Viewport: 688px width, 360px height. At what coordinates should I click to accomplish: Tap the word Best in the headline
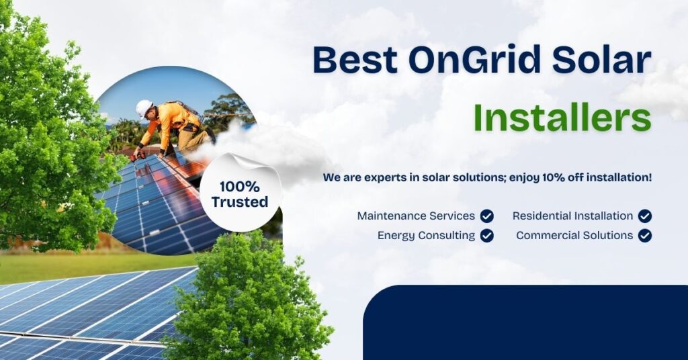point(352,60)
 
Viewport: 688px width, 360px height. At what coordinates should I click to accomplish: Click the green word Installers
point(562,118)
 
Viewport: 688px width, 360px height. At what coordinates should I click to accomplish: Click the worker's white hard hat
point(144,107)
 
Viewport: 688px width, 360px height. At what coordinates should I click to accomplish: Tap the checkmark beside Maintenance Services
point(487,216)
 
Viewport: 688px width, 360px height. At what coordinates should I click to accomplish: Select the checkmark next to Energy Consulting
point(487,236)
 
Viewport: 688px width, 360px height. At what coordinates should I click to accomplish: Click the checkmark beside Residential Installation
point(645,216)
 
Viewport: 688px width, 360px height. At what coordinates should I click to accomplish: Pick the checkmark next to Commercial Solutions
point(645,236)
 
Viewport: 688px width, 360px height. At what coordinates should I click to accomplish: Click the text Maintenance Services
point(416,216)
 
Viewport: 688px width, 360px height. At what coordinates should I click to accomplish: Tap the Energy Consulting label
point(426,236)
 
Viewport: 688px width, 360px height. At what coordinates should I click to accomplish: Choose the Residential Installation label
point(572,216)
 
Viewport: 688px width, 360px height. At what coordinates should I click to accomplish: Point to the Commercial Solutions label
point(574,236)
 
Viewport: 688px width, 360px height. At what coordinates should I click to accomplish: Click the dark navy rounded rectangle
point(524,322)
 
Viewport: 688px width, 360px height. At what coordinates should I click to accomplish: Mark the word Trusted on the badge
point(240,201)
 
